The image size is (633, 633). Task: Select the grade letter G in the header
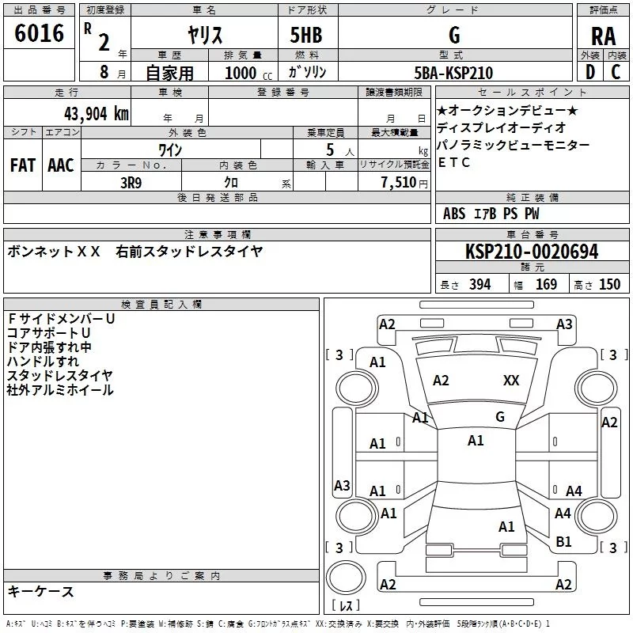453,35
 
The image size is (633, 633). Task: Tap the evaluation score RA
603,36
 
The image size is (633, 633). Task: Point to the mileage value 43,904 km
89,113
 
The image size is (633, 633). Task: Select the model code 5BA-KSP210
453,73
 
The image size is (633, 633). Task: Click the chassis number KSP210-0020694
532,252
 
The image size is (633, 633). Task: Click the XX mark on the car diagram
511,381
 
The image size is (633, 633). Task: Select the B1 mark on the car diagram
563,541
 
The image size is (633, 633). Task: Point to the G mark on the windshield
499,417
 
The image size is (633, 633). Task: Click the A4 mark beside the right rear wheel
574,491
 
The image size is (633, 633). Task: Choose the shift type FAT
22,165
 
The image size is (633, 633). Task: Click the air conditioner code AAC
60,165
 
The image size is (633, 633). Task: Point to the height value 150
609,285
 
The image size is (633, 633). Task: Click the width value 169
546,285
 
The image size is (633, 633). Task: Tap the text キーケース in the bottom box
40,591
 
